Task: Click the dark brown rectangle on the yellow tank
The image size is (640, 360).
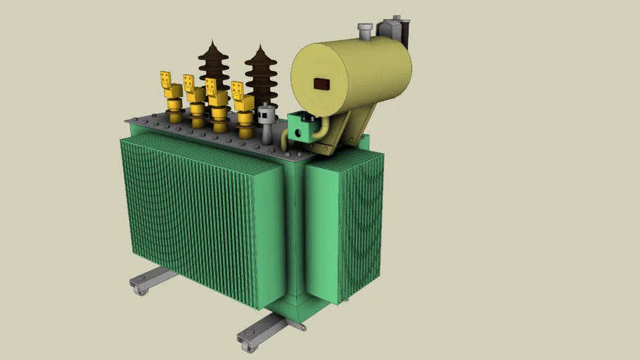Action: coord(321,84)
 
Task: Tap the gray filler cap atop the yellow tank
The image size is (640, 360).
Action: coord(364,31)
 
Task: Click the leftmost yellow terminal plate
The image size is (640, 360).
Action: coord(167,80)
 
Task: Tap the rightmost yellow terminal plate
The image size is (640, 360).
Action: coord(238,91)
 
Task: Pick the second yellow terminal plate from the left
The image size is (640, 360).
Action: coord(188,84)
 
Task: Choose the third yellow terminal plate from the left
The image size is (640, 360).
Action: coord(211,87)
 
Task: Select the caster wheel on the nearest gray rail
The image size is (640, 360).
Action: coord(248,345)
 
